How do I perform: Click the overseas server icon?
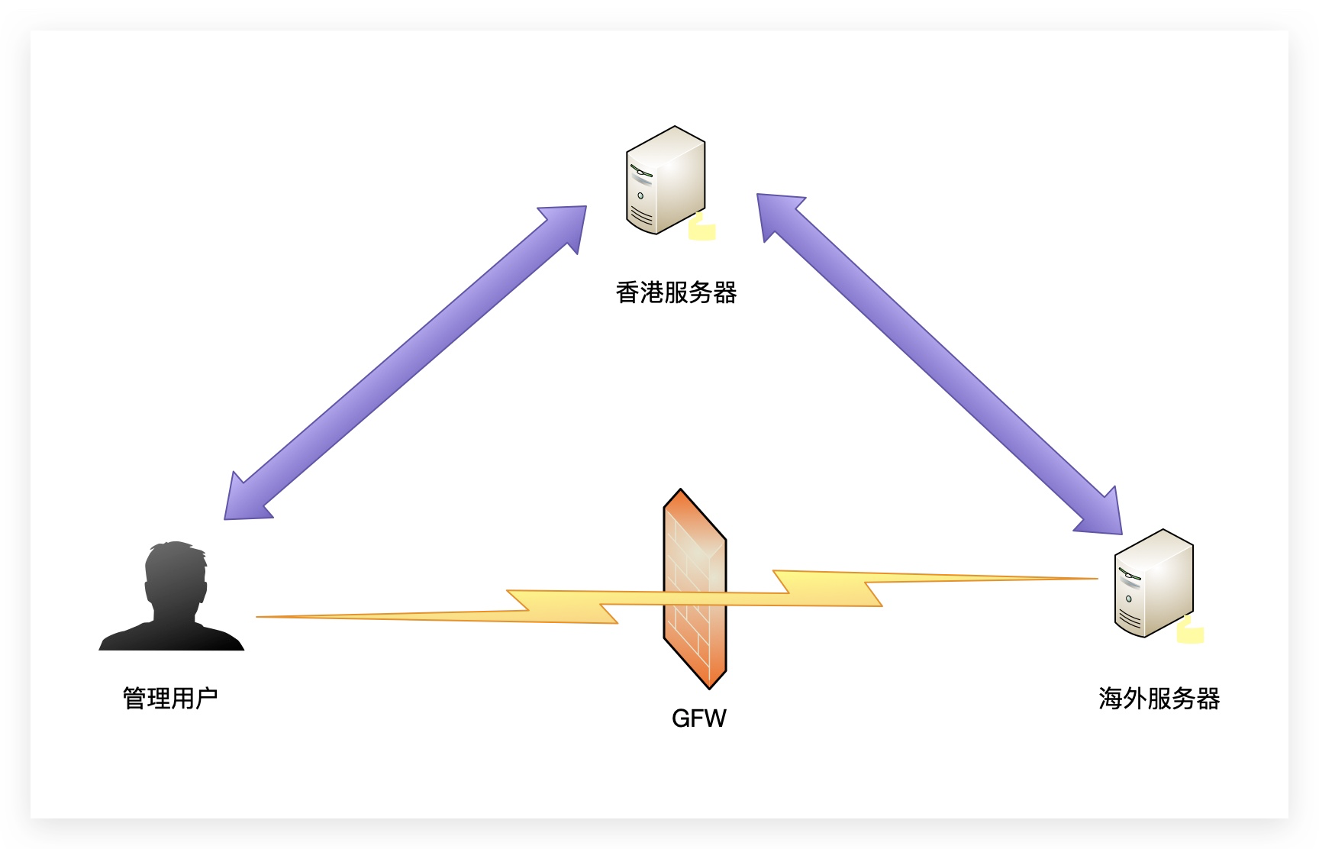1153,583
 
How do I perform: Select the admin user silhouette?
173,599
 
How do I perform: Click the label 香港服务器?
676,292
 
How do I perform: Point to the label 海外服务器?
1159,698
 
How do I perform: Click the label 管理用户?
170,698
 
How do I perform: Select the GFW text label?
698,718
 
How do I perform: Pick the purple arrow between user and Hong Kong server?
405,363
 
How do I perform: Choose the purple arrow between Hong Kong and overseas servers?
939,363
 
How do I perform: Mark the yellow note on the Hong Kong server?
701,228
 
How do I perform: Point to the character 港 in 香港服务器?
652,292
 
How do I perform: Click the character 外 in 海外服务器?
1134,698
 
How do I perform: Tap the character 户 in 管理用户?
206,698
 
